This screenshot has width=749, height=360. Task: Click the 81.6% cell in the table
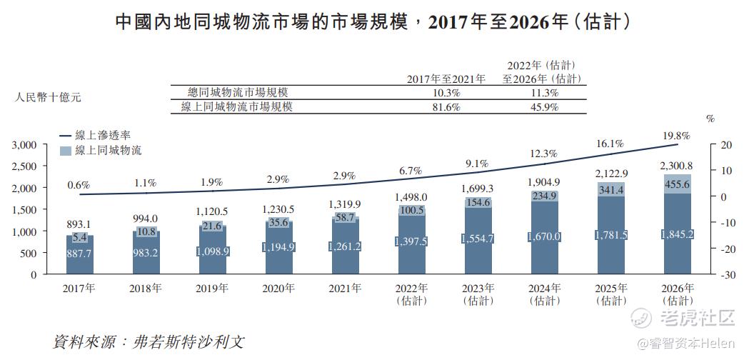446,106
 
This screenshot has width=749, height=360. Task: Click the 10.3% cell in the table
446,92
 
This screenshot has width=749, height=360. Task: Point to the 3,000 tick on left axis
25,145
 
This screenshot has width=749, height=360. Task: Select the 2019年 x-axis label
213,289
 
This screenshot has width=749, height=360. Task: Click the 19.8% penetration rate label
675,135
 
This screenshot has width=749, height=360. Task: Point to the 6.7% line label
410,171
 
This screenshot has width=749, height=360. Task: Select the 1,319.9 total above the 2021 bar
346,204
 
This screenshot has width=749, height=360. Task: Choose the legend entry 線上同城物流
108,150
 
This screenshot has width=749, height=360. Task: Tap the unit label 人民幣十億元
48,96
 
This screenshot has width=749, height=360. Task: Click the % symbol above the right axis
710,119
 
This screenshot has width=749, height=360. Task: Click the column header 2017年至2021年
446,79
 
